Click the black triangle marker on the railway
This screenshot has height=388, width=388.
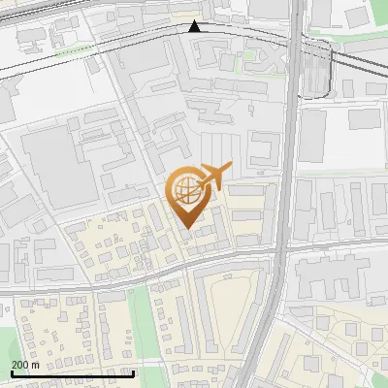coord(195,26)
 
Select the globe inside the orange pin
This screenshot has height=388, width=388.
coord(186,191)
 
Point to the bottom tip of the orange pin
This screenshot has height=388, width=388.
coord(186,229)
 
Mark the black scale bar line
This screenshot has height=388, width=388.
coord(72,372)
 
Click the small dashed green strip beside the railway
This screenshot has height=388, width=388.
coord(74,49)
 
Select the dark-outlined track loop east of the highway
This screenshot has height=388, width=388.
coord(316,73)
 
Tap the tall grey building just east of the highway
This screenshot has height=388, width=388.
coord(311,136)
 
